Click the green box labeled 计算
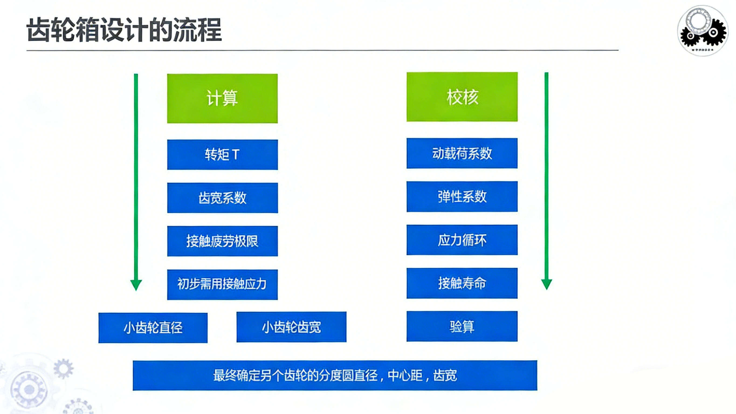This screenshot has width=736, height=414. (x=222, y=98)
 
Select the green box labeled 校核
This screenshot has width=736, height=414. (x=462, y=97)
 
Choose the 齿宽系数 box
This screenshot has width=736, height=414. (x=222, y=198)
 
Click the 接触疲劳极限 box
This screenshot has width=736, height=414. (x=222, y=241)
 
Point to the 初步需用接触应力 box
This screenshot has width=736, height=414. (x=222, y=285)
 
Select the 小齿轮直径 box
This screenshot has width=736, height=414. (x=153, y=328)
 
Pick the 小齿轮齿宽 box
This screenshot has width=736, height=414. (x=291, y=327)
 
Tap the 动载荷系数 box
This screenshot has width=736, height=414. (x=462, y=153)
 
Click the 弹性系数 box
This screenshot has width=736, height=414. (x=462, y=196)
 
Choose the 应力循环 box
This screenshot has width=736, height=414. (x=462, y=240)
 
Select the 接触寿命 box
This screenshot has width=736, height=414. (x=462, y=283)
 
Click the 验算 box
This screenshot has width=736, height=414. (x=462, y=326)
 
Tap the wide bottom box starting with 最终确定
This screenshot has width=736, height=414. (x=335, y=375)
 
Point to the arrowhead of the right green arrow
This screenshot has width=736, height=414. (x=546, y=284)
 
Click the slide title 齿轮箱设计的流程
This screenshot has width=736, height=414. (x=124, y=30)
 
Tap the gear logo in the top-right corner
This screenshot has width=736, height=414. (x=703, y=30)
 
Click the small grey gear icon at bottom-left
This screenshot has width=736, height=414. (x=63, y=368)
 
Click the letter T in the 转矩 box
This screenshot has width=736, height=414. (x=236, y=155)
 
